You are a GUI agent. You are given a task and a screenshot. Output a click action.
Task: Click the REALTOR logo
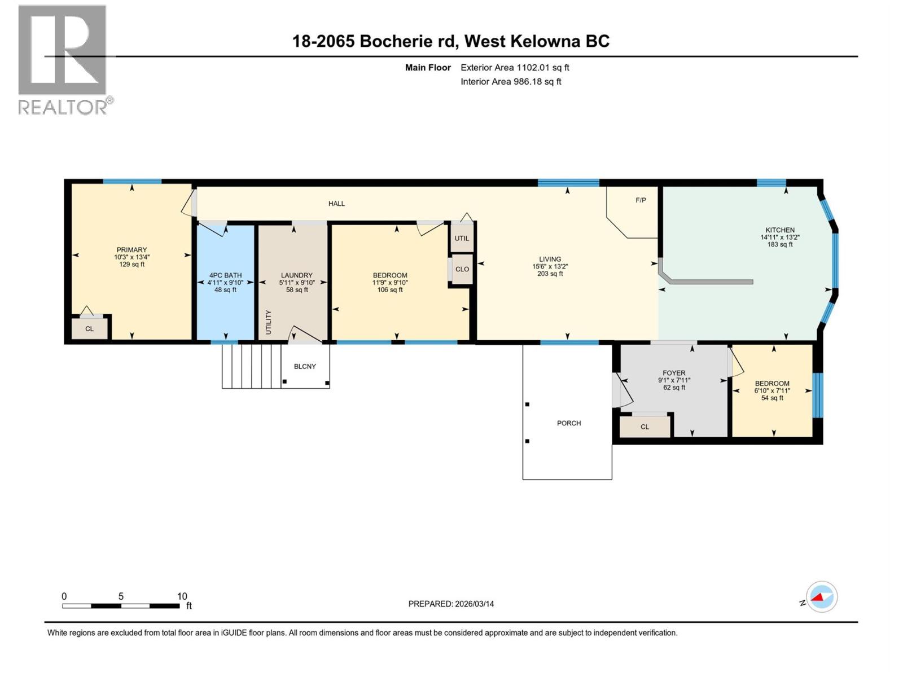coord(63,59)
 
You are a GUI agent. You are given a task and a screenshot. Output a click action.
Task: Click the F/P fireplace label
coord(641,200)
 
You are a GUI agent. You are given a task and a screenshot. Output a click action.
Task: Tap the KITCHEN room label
coord(779,230)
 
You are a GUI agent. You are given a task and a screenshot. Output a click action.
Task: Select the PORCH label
coord(568,423)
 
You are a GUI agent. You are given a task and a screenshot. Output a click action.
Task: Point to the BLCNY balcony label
coord(305,367)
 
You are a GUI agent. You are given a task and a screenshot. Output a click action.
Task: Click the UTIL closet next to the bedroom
coord(462,238)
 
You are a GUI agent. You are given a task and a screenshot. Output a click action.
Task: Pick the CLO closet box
coord(462,269)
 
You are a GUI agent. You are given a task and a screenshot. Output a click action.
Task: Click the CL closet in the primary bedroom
coord(89,329)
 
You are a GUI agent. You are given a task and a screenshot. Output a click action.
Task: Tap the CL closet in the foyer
coord(645,427)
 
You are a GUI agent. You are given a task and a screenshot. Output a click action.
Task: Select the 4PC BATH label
coord(225,275)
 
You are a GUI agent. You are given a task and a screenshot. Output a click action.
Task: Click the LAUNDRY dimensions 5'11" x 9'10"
coord(296,283)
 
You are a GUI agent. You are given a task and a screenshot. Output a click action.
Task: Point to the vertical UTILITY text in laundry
coord(269,322)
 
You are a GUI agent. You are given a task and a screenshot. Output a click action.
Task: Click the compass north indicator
coord(821,597)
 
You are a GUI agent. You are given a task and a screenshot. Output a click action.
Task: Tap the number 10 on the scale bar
coord(182,596)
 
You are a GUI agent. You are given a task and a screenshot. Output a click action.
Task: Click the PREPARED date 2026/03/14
coord(451,604)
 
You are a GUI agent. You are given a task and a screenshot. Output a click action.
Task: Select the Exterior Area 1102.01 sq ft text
coord(515,68)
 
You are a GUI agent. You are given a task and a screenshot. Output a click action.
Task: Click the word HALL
coord(336,204)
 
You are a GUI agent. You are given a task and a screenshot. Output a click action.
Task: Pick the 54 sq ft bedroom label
coord(772,398)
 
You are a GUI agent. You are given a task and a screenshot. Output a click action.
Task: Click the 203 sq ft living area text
coord(550,274)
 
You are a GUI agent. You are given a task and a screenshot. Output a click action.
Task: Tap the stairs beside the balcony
coord(251,366)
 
